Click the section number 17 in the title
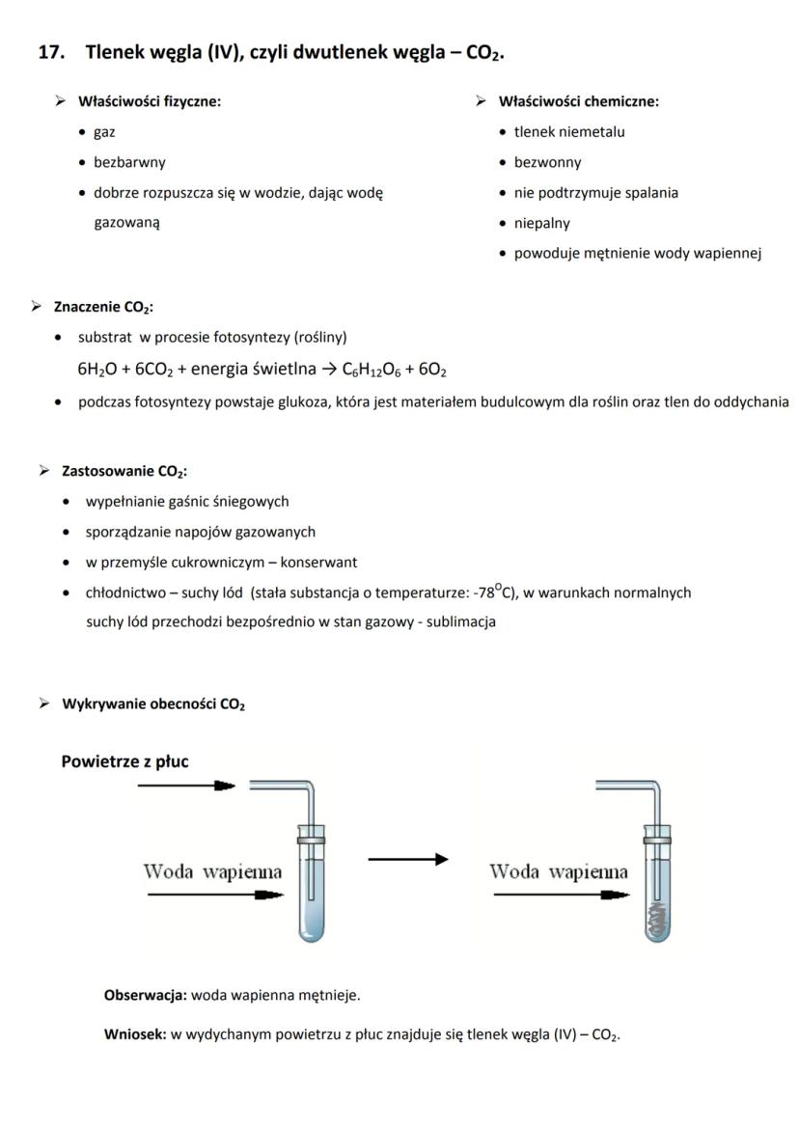[50, 52]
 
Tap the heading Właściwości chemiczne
[579, 101]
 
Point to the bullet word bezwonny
[547, 162]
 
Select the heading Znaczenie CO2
[98, 308]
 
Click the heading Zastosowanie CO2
[124, 471]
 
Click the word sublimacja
[462, 621]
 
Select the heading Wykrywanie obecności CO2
[153, 704]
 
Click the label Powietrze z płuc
[124, 761]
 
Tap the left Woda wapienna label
[212, 872]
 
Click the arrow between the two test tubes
[407, 859]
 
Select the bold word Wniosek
[135, 1034]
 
